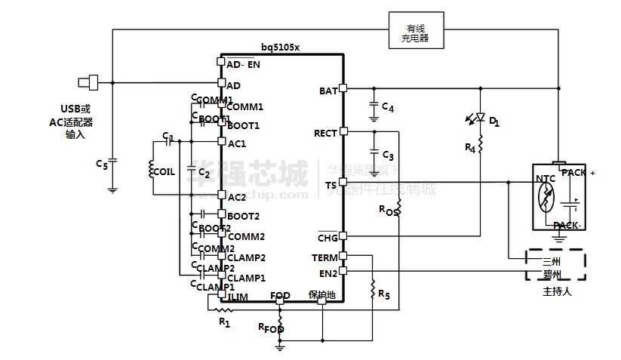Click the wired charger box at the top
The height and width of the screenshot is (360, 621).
tap(415, 29)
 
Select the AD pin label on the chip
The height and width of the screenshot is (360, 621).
tap(234, 85)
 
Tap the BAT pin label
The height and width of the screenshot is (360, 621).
tap(328, 91)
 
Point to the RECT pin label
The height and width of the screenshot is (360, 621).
tap(325, 134)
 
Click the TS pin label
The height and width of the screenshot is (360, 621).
tap(330, 185)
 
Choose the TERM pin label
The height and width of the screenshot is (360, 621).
tap(325, 257)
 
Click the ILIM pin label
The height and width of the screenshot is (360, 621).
tap(238, 297)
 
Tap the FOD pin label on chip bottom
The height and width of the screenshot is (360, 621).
tap(280, 296)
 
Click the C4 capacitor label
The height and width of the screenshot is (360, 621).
tap(388, 108)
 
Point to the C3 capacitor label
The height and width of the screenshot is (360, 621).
tap(388, 155)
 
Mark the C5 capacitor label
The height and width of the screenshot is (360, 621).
tap(102, 163)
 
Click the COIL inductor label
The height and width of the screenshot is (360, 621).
tap(164, 171)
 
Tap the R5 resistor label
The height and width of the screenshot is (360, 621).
tap(384, 293)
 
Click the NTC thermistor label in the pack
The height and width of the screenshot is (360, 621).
tap(545, 179)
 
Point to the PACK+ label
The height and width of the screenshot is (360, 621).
tap(577, 172)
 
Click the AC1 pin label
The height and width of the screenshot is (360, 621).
tap(237, 143)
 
